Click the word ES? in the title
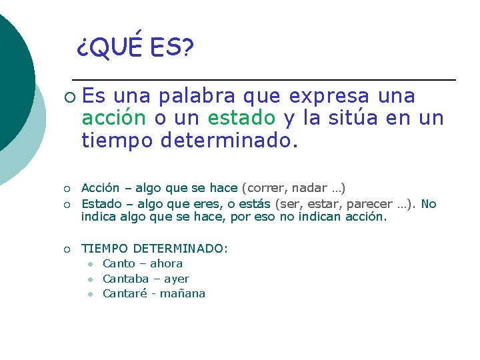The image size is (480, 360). [172, 48]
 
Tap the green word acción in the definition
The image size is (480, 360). [113, 118]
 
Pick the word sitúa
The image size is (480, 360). [352, 118]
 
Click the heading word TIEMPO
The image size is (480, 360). [105, 249]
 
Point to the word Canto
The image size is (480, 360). [119, 263]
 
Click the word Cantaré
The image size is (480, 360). [125, 293]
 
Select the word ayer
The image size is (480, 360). [176, 279]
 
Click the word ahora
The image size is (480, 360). [167, 263]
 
